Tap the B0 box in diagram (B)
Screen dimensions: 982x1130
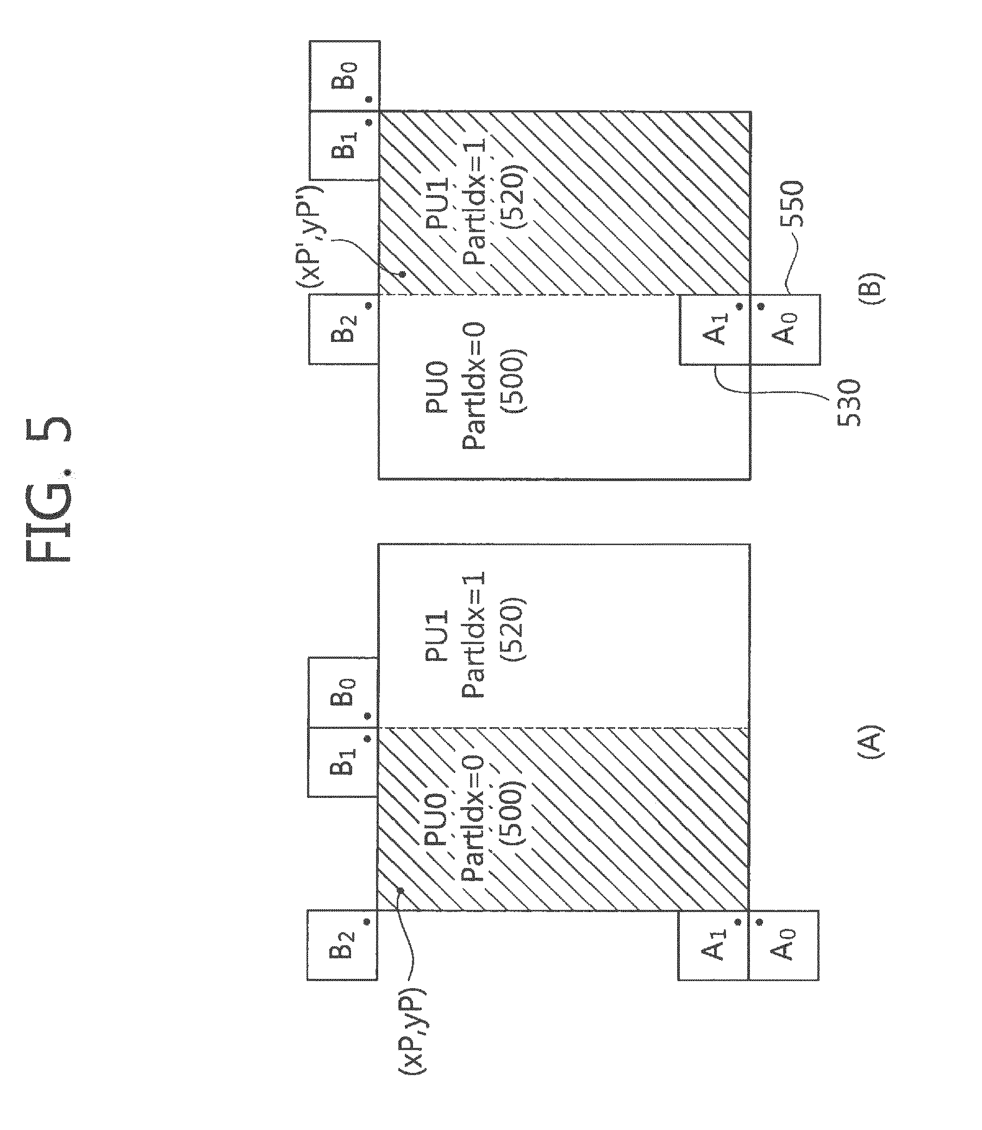343,76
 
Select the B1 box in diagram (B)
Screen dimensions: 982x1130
343,145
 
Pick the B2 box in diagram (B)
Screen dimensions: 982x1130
343,329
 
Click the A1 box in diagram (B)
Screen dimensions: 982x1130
715,329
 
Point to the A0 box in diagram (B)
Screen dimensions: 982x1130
785,329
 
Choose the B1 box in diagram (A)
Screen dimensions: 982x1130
343,762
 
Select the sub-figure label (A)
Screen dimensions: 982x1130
869,741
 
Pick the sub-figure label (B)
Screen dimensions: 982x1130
871,284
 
